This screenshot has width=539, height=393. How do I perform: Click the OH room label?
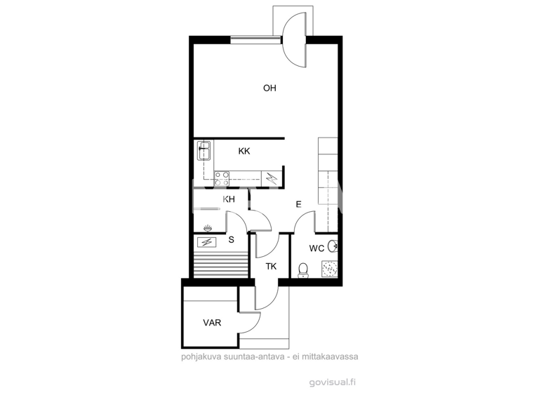click(269, 88)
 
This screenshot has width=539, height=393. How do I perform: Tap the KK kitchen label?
click(244, 151)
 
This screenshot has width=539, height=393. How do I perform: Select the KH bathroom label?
click(229, 200)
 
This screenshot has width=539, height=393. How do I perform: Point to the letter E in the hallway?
click(298, 205)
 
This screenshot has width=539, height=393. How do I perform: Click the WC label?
click(317, 248)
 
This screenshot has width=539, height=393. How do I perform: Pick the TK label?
click(271, 266)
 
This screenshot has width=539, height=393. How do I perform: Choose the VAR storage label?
click(212, 324)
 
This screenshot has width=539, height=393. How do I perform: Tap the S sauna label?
click(231, 240)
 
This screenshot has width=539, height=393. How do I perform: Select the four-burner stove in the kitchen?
click(222, 175)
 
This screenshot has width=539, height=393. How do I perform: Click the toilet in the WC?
click(303, 269)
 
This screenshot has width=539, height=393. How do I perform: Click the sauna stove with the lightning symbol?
click(207, 242)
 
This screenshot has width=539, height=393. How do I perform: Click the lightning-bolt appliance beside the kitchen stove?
click(271, 178)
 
